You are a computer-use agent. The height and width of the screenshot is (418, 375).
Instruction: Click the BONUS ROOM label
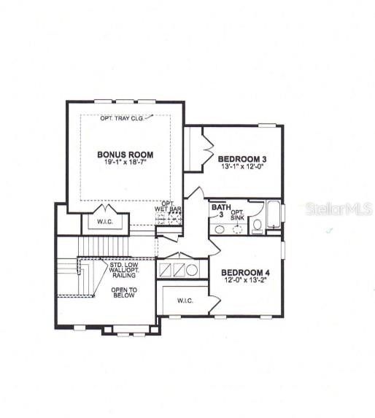125,155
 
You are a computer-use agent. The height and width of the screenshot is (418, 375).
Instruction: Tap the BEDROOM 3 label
242,159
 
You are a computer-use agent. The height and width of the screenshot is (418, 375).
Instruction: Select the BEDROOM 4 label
245,273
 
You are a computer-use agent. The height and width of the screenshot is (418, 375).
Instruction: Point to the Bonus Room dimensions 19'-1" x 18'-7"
125,161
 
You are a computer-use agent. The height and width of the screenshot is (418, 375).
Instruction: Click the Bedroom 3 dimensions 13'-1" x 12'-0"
242,166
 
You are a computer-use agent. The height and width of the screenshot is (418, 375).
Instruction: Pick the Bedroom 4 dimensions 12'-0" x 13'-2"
245,280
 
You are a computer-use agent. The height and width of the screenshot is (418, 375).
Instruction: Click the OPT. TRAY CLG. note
122,118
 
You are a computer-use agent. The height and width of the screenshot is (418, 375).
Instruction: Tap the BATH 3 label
221,210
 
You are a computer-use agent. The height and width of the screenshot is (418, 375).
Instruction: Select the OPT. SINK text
237,215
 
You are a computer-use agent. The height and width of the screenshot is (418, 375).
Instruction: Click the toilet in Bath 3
258,227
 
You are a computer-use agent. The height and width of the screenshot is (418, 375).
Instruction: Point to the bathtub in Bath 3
274,215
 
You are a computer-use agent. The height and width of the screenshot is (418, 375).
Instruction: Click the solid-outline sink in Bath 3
220,230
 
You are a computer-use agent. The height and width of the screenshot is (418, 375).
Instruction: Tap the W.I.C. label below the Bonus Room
105,222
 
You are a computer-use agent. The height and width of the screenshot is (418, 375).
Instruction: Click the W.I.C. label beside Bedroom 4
185,301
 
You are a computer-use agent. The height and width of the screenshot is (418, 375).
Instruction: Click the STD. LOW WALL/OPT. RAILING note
124,270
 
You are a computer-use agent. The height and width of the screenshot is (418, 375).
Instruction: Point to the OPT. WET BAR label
169,206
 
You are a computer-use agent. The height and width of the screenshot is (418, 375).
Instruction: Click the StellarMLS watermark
339,209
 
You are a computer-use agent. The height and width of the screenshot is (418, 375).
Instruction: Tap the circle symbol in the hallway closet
192,270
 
